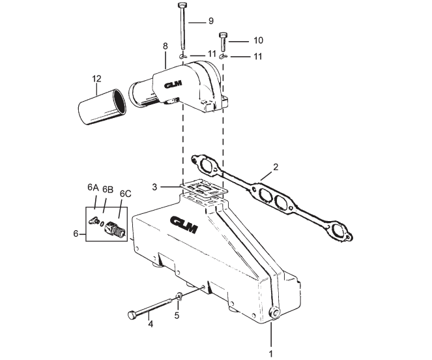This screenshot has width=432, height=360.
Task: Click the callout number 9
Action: coord(211,21)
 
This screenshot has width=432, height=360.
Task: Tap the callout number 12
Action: coord(96,79)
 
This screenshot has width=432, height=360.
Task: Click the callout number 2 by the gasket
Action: coord(276,168)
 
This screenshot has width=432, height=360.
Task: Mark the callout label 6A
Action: coord(93,187)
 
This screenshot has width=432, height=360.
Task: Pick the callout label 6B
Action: coord(108,190)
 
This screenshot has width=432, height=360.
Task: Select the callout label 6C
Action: coord(126,193)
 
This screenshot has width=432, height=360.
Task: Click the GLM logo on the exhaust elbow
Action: coord(175,85)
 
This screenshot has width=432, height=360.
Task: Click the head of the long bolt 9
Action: coord(182,6)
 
